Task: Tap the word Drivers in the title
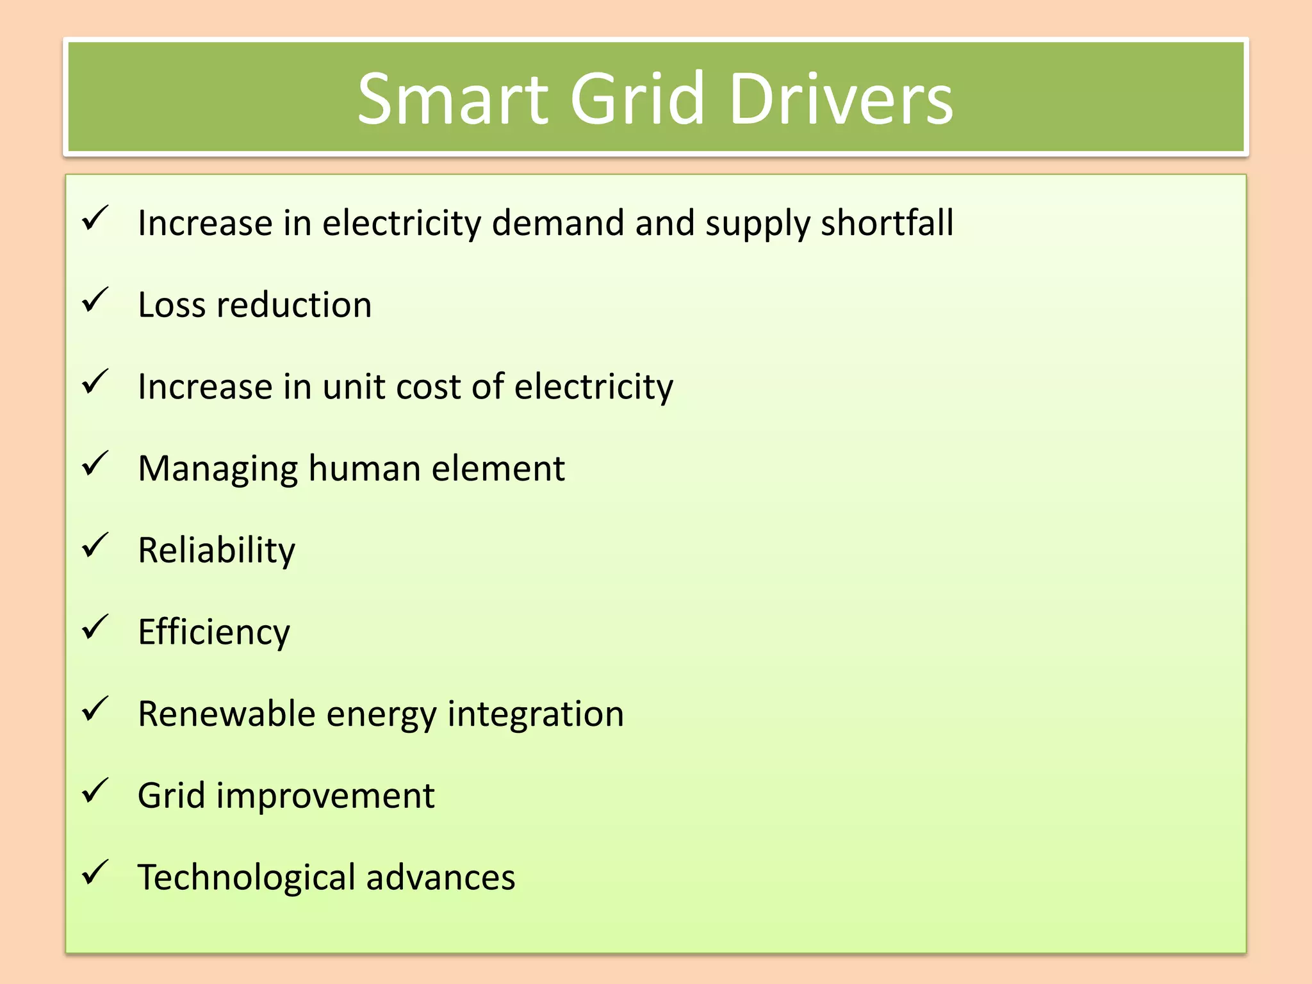pyautogui.click(x=840, y=99)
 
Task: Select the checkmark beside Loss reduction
pyautogui.click(x=95, y=300)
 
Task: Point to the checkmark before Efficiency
pyautogui.click(x=95, y=627)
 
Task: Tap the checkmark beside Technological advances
pyautogui.click(x=95, y=873)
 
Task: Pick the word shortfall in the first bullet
pyautogui.click(x=887, y=223)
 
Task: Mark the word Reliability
pyautogui.click(x=217, y=551)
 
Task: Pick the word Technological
pyautogui.click(x=246, y=878)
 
